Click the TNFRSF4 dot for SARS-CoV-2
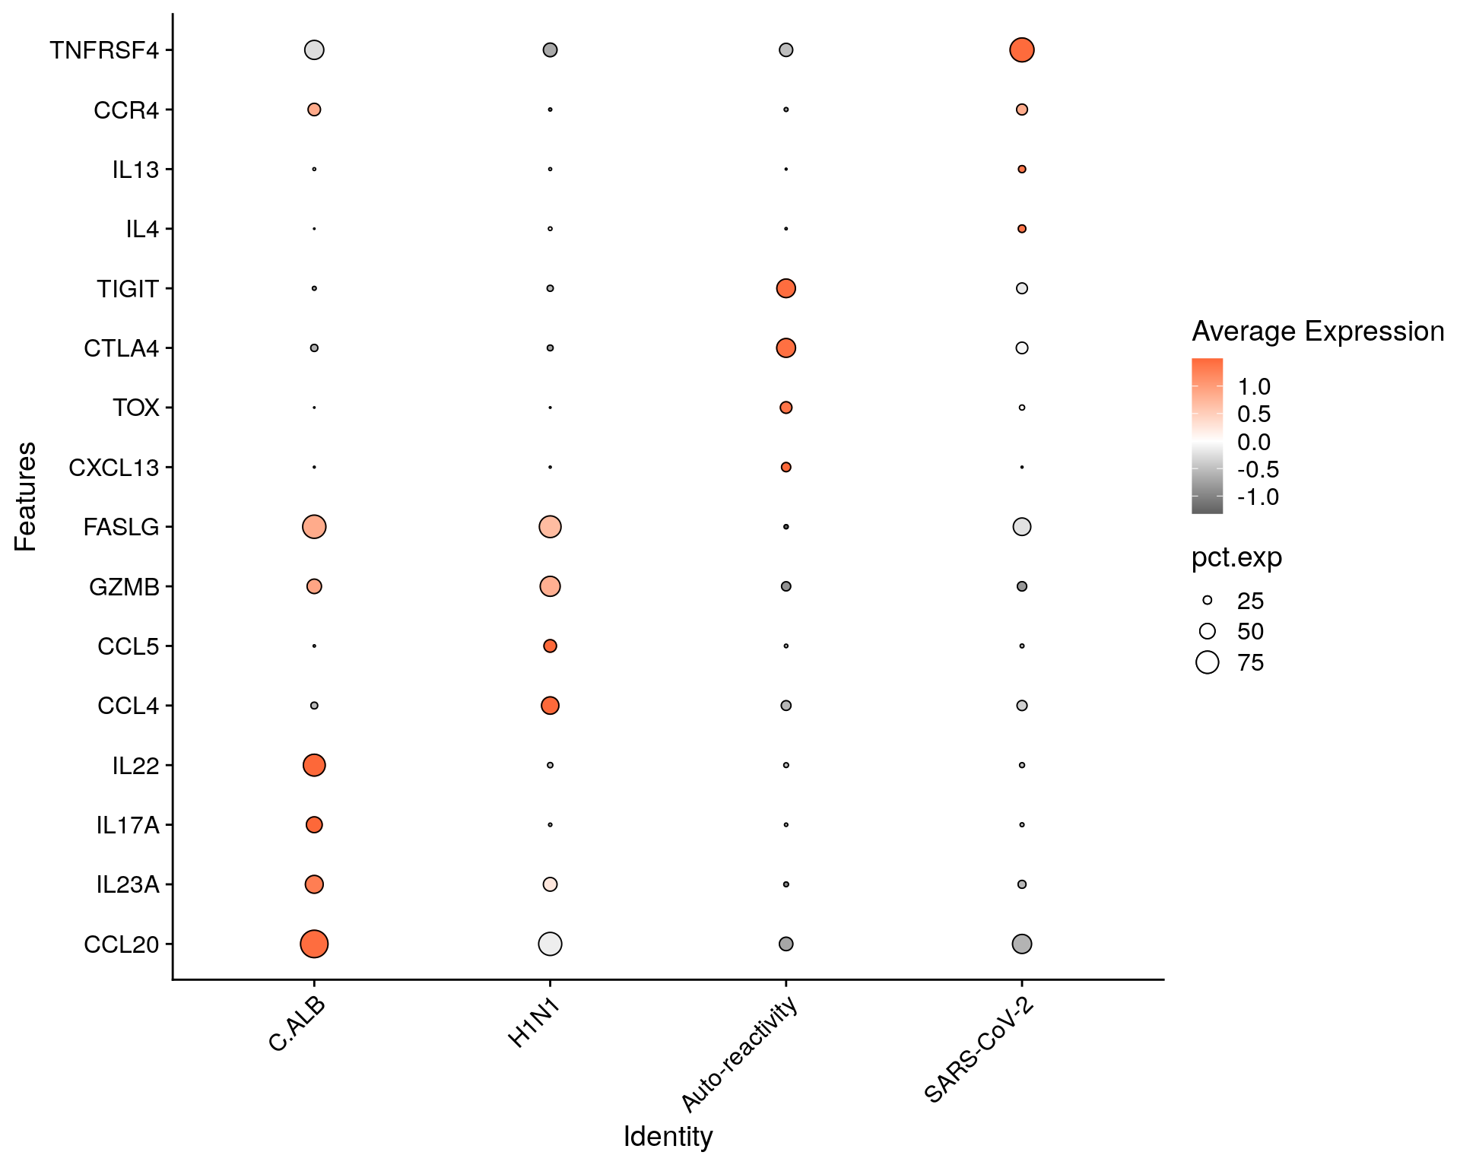click(1021, 50)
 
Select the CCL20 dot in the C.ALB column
click(314, 944)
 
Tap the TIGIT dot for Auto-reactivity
click(786, 288)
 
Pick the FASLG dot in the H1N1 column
click(550, 526)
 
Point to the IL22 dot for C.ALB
click(314, 765)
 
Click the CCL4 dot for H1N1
click(550, 706)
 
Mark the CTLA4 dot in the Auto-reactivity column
click(786, 348)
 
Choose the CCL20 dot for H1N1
click(550, 944)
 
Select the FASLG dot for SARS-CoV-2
click(1021, 526)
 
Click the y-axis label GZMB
click(124, 587)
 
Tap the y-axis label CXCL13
click(114, 468)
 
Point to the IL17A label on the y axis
click(128, 825)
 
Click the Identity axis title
click(668, 1137)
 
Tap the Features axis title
click(25, 496)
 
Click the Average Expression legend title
click(1317, 332)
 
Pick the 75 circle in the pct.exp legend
click(1207, 662)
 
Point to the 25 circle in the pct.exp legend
click(1207, 601)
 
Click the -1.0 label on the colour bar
click(1258, 497)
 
